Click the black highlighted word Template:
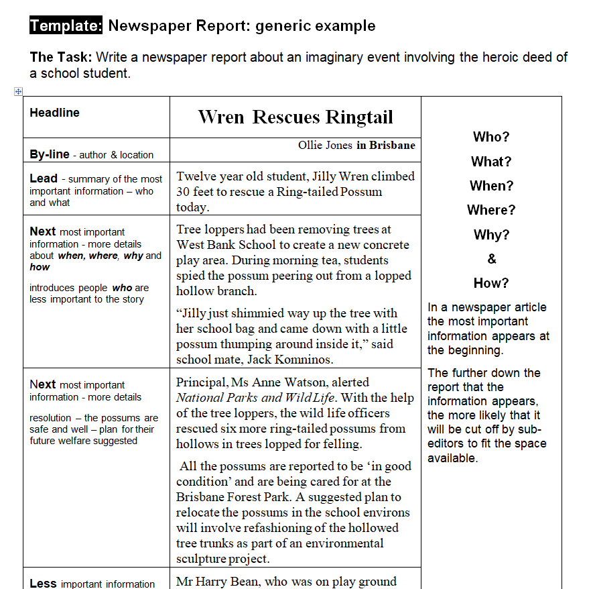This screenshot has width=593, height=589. point(66,26)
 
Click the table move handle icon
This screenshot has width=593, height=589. point(19,91)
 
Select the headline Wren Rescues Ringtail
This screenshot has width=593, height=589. point(295,117)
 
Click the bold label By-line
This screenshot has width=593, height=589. point(50,154)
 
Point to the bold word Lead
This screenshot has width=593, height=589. point(44,178)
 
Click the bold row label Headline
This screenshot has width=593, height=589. point(54,113)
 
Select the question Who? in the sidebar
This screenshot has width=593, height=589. point(491,137)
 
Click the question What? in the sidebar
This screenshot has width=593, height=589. point(491,162)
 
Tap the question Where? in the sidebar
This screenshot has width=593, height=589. point(491,210)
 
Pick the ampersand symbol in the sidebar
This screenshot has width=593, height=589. point(491,259)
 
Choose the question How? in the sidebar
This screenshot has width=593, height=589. point(491,283)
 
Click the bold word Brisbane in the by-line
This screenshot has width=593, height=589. point(392,146)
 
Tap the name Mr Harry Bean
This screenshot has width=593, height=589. point(214,582)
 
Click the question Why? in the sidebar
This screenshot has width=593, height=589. point(491,235)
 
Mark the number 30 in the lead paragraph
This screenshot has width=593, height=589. point(184,192)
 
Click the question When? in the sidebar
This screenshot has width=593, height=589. point(491,186)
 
